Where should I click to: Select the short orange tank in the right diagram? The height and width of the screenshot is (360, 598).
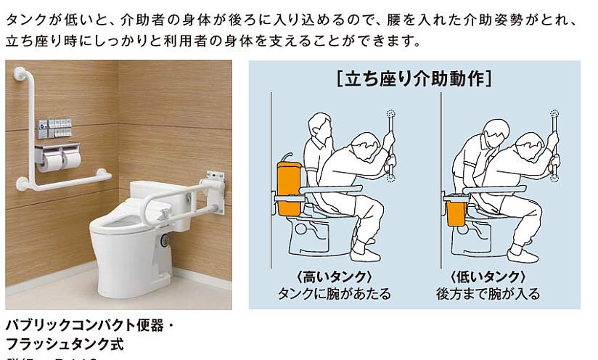456,213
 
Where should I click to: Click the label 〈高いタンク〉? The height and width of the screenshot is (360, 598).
335,277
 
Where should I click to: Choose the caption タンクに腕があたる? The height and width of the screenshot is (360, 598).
335,294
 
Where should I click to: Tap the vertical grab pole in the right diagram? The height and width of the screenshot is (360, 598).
556,145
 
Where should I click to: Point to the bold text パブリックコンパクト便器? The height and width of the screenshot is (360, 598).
83,323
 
